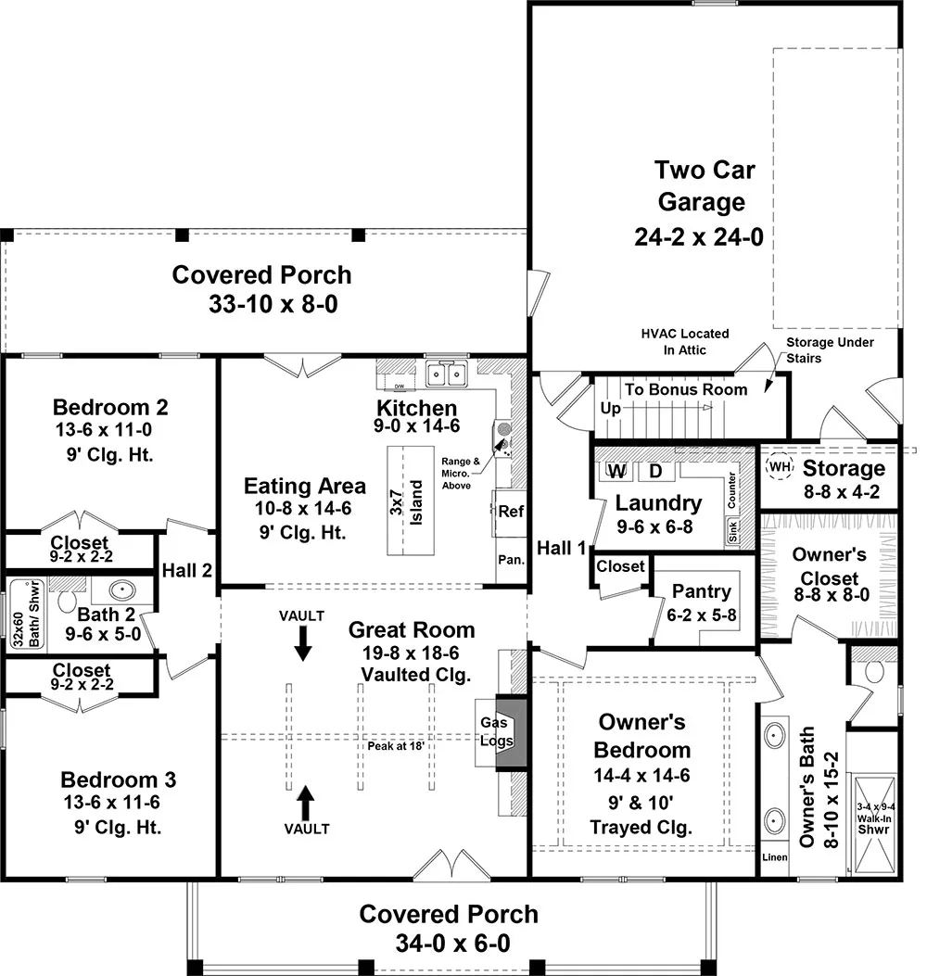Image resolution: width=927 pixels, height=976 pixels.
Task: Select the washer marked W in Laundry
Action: point(617,471)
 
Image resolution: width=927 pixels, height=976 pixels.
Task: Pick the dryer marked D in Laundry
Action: point(655,471)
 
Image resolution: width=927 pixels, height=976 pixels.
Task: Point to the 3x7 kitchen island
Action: point(411,501)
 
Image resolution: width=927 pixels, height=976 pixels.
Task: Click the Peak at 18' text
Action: point(396,744)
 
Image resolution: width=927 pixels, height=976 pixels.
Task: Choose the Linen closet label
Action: point(774,857)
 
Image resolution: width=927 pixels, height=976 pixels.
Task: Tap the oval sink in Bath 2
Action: point(122,589)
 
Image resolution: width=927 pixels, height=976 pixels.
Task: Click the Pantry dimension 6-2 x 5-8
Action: point(702,613)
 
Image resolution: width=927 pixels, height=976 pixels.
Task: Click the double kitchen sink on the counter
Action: point(447,374)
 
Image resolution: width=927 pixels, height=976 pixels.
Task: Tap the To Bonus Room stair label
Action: point(685,389)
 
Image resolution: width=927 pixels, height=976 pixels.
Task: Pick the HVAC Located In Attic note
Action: point(684,341)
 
